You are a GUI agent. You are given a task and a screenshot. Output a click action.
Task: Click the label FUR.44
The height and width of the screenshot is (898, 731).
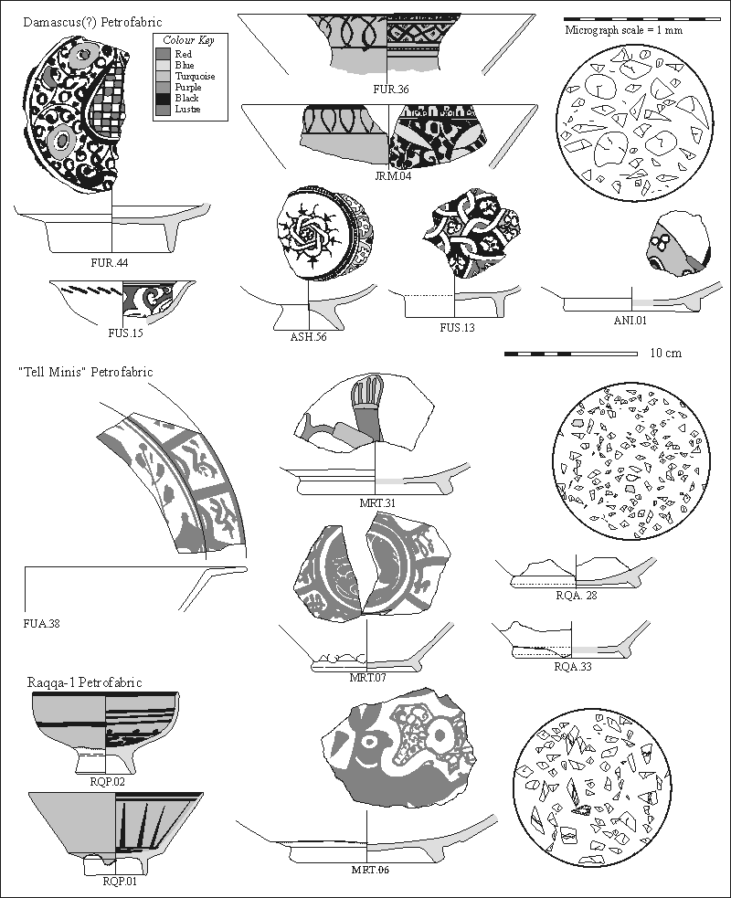click(x=109, y=264)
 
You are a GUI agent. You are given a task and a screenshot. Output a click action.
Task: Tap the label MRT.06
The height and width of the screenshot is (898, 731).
click(x=370, y=869)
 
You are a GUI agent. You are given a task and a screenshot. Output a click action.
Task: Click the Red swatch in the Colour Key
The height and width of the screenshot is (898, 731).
click(x=162, y=54)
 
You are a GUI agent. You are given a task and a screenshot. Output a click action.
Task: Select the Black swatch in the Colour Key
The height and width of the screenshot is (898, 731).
click(x=162, y=98)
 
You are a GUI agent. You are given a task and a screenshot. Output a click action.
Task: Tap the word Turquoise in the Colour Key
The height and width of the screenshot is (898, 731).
click(x=195, y=76)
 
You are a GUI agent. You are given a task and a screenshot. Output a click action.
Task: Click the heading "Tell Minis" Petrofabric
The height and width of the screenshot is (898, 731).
click(x=85, y=372)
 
